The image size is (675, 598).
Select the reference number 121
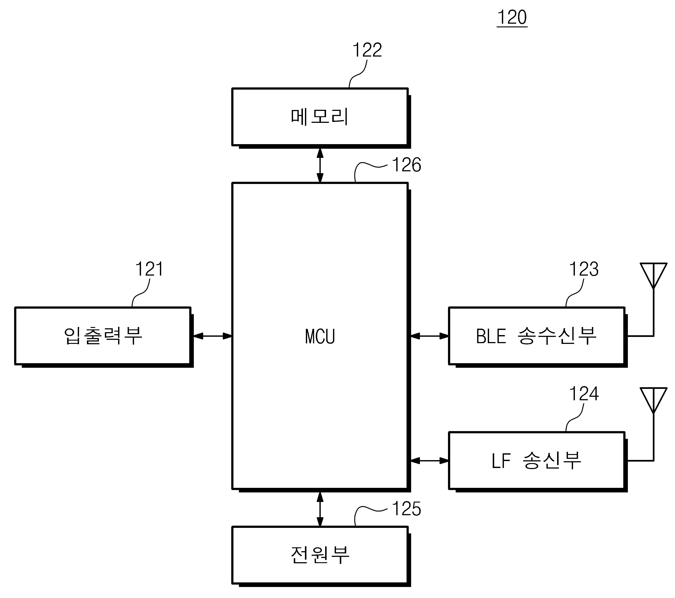pyautogui.click(x=149, y=269)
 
